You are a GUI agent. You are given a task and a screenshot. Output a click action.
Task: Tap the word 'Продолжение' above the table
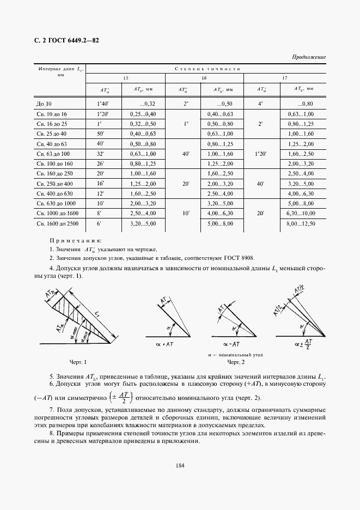(309, 57)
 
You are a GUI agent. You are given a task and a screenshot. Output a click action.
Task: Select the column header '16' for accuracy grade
(188, 78)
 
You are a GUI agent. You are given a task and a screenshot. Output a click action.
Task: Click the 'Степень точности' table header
(208, 69)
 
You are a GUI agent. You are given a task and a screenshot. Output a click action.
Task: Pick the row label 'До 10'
(44, 103)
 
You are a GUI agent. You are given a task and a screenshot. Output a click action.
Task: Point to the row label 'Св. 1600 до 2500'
(57, 223)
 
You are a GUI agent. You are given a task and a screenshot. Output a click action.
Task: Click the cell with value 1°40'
(103, 103)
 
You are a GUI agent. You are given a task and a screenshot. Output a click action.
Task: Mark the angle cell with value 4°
(260, 103)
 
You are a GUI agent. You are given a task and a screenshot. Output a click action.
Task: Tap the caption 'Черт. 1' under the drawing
(78, 362)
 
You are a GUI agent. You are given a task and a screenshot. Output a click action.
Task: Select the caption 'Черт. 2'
(236, 362)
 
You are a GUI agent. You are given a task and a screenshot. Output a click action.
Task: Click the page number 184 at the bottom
(180, 465)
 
